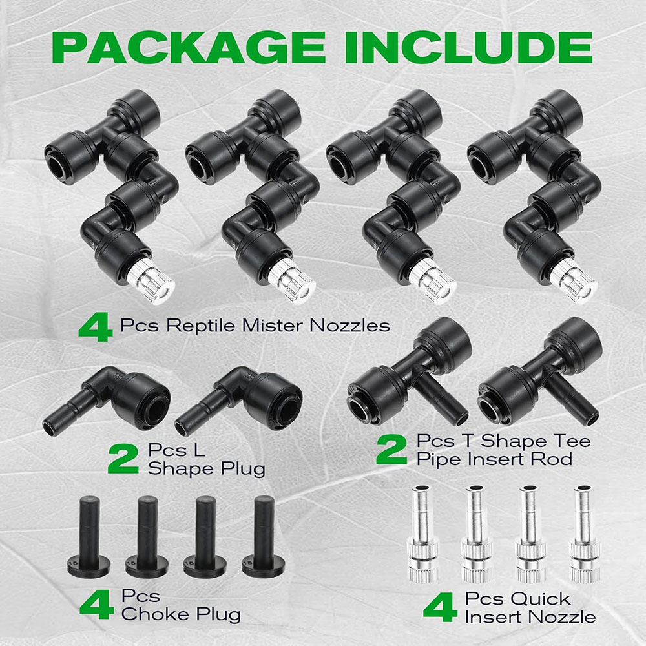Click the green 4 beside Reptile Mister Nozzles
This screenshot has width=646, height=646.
click(96, 327)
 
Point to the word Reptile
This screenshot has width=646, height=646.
click(201, 326)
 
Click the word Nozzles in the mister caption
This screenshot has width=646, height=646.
click(349, 326)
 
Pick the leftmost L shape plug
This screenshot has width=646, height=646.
click(107, 400)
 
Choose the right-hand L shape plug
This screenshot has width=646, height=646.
click(238, 400)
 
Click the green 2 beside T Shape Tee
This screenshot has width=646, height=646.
click(391, 450)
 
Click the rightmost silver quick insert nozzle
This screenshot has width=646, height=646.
click(585, 534)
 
